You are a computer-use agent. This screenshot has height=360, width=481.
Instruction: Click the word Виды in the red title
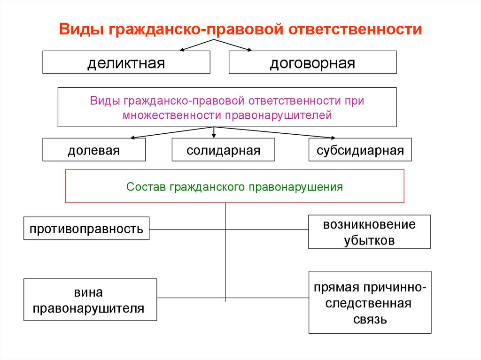(81, 30)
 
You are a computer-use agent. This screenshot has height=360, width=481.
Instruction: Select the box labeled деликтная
(126, 62)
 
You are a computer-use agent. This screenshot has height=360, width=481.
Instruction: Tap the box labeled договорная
(312, 62)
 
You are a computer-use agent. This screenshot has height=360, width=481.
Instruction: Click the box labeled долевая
(94, 150)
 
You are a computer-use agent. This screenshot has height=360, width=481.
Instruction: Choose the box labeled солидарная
(223, 150)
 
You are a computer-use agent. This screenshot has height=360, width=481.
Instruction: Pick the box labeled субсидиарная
(360, 150)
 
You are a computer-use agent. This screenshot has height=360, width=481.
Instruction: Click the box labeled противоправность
(86, 229)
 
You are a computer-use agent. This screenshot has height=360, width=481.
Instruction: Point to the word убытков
(369, 240)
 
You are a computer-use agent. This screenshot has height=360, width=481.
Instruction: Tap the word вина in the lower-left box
(88, 292)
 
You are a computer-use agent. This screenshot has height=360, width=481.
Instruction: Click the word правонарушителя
(88, 308)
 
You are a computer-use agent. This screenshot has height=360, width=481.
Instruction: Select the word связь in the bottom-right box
(370, 320)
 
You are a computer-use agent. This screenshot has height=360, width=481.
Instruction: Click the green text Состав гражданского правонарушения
(235, 187)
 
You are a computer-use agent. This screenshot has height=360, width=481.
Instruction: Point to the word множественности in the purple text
(172, 115)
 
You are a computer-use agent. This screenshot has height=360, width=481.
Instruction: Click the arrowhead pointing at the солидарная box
(214, 136)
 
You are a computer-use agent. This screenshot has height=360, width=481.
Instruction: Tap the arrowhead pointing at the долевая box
(133, 138)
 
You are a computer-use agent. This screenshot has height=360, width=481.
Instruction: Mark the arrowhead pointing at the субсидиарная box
(333, 138)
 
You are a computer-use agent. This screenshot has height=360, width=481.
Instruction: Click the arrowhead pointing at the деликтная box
(182, 49)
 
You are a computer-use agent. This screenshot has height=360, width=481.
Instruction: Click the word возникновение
(369, 224)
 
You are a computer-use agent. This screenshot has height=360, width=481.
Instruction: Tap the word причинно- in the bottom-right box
(395, 288)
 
